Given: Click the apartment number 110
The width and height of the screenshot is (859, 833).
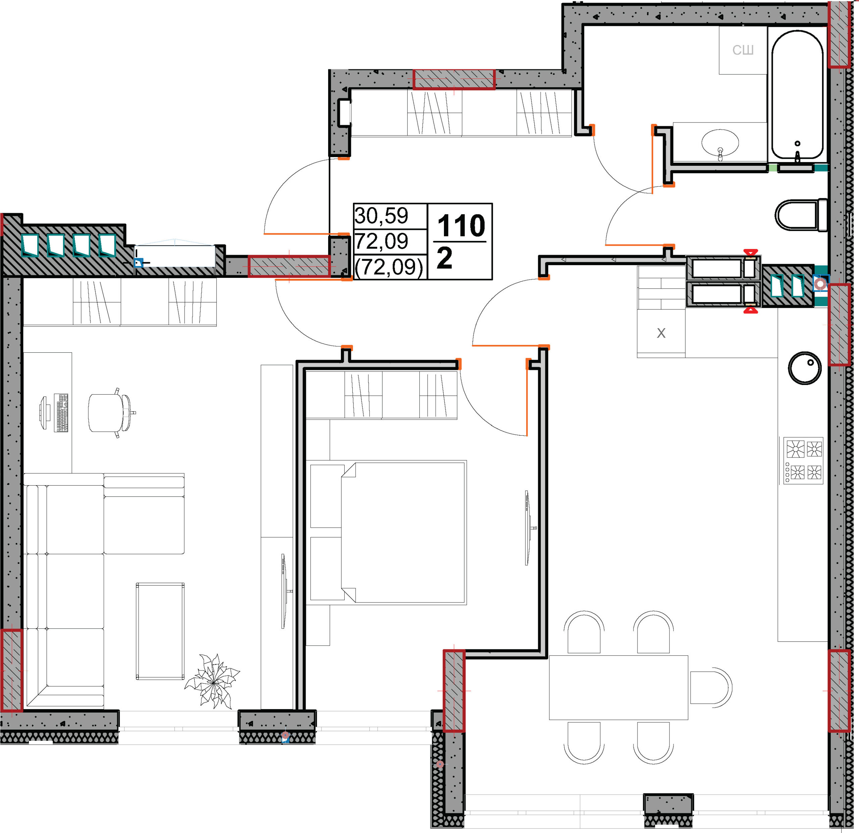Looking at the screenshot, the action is tap(461, 226).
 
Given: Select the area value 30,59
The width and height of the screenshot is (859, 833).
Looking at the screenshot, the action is tap(381, 216).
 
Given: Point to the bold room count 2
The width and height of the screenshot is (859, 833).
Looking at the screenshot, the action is tap(444, 258).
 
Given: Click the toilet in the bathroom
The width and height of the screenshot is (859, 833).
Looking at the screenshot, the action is tap(801, 215).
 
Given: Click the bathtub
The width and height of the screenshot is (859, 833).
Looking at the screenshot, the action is tap(797, 95).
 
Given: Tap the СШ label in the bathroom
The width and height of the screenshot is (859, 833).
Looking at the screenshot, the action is tap(743, 50).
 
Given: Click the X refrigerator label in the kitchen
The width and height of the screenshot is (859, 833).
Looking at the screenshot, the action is tap(661, 333).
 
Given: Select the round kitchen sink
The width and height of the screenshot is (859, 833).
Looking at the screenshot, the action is tap(805, 368).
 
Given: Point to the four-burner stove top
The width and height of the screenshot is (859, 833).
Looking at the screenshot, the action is tap(803, 460).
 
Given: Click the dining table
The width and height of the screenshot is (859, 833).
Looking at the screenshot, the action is tap(618, 687).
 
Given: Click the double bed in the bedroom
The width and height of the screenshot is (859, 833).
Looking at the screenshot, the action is tap(388, 532).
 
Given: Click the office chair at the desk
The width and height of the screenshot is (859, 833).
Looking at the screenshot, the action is tap(112, 412).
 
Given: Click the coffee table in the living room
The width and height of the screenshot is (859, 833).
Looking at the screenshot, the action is tap(160, 631).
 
